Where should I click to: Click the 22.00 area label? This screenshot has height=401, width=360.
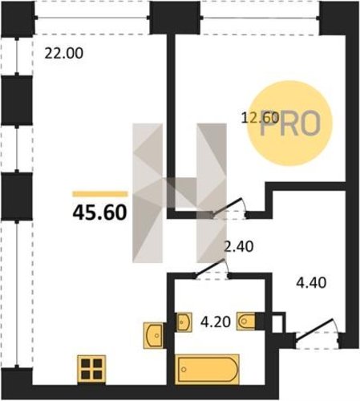(x=64, y=53)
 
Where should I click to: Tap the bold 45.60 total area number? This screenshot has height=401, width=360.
(x=99, y=213)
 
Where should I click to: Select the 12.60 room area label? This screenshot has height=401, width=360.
(x=260, y=118)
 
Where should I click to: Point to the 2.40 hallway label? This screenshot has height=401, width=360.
(x=238, y=246)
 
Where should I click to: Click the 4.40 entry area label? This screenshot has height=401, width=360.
(x=311, y=282)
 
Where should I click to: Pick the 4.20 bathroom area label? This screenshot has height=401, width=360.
(x=216, y=322)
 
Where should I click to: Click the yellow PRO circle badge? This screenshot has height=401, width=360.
(x=289, y=124)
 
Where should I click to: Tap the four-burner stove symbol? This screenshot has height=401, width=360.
(x=91, y=369)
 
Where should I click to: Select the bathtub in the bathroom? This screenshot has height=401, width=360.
(x=207, y=369)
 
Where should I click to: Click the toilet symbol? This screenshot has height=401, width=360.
(x=246, y=320)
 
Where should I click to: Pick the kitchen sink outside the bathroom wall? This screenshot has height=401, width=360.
(x=153, y=335)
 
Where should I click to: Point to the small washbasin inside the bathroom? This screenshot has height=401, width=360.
(x=184, y=322)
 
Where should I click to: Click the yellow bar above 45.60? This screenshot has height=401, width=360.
(x=100, y=194)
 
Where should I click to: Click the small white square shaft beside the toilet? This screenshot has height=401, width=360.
(x=278, y=322)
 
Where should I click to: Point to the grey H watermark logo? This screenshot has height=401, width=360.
(x=180, y=192)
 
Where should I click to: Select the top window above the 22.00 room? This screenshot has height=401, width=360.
(x=92, y=18)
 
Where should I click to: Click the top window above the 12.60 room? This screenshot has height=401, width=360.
(x=260, y=18)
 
